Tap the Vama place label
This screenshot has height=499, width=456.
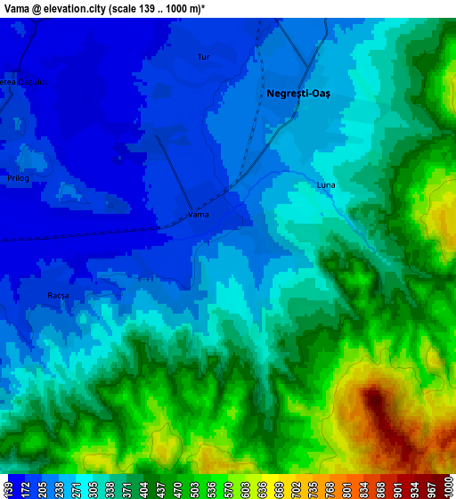click(199, 215)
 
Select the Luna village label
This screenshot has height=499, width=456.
click(326, 184)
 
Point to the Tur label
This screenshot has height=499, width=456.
click(203, 57)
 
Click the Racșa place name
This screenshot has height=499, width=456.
click(58, 295)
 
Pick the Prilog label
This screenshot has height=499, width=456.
click(18, 178)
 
